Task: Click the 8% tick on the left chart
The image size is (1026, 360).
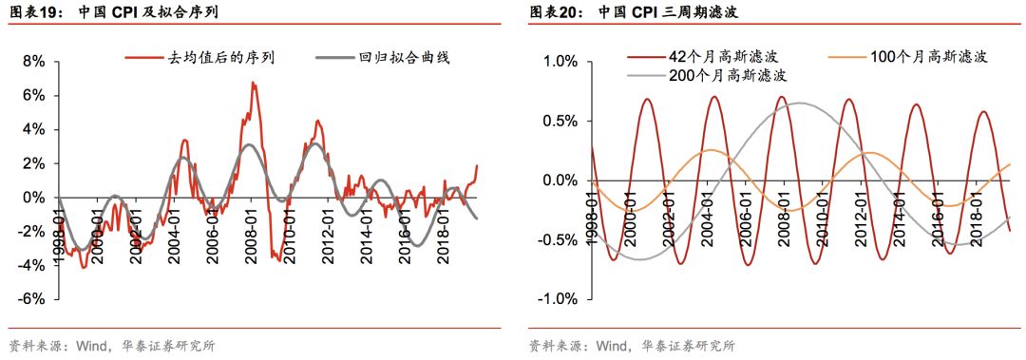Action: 34,62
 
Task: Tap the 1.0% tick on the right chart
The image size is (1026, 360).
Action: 559,62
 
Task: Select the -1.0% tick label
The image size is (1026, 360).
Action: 557,299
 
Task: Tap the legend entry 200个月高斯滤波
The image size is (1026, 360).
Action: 729,75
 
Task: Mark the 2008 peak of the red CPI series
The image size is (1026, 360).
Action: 253,83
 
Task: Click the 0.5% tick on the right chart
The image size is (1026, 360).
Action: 559,121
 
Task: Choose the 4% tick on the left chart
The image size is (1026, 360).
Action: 34,129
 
